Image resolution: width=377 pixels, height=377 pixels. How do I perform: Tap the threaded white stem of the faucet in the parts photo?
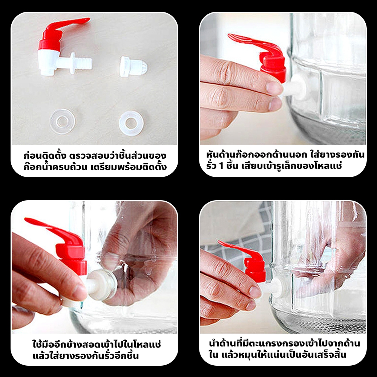click(x=83, y=63)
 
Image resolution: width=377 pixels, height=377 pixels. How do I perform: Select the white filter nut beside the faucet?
click(x=133, y=66)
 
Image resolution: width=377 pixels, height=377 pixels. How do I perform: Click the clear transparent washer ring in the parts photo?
click(x=63, y=121)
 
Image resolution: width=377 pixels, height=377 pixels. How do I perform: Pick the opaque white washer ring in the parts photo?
click(x=131, y=123)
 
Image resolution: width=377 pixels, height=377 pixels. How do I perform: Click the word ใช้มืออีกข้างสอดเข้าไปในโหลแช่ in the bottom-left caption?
click(x=97, y=344)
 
